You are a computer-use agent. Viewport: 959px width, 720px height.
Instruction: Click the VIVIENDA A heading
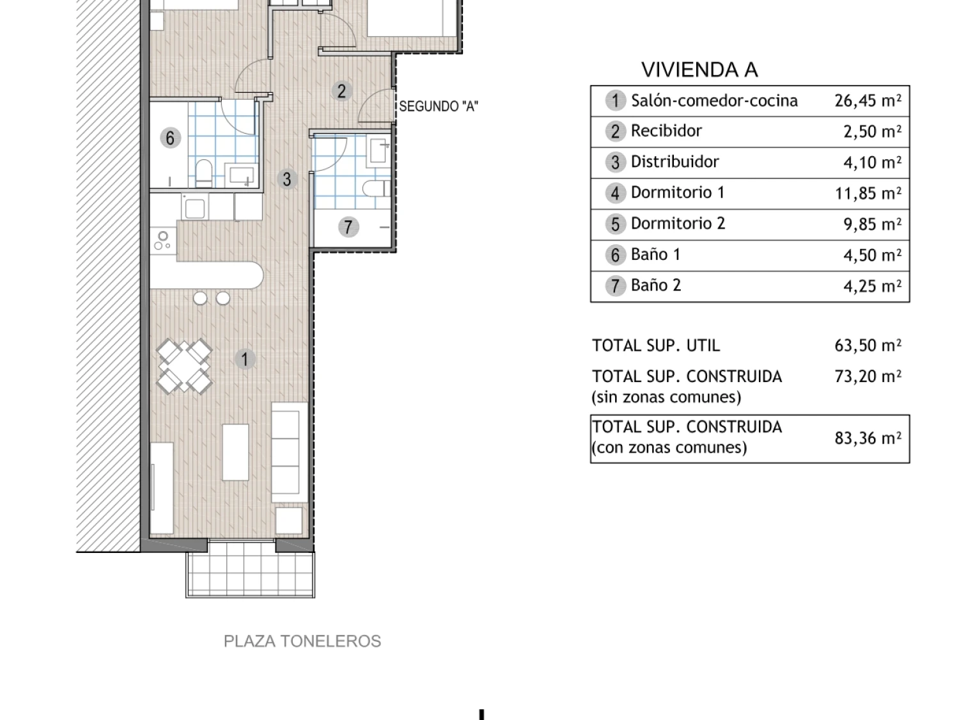click(x=699, y=70)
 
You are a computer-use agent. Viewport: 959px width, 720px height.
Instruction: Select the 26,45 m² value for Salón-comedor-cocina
click(x=868, y=100)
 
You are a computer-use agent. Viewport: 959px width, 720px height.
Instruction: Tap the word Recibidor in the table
click(x=666, y=131)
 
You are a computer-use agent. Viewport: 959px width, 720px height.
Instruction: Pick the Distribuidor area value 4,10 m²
click(x=872, y=162)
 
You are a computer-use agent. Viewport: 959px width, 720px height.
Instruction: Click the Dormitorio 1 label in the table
click(x=678, y=193)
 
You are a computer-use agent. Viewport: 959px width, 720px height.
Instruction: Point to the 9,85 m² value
click(x=872, y=224)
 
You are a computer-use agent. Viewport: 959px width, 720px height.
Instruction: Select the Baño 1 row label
click(x=655, y=255)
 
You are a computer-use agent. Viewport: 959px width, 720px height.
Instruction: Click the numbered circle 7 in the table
click(x=615, y=286)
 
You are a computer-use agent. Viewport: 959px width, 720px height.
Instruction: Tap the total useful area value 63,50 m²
click(x=868, y=346)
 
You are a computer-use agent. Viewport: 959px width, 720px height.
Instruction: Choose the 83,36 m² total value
click(x=868, y=438)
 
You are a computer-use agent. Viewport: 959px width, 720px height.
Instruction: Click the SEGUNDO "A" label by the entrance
click(x=439, y=106)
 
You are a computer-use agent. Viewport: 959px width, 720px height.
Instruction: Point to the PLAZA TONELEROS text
click(x=302, y=641)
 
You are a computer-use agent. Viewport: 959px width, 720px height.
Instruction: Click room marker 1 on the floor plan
click(x=245, y=359)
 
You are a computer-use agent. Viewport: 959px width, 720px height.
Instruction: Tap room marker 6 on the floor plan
click(x=171, y=138)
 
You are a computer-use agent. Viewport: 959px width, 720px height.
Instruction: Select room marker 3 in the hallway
click(x=287, y=179)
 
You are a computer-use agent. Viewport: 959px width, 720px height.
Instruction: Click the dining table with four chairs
click(x=184, y=366)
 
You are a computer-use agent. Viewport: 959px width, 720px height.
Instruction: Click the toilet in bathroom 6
click(x=203, y=173)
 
